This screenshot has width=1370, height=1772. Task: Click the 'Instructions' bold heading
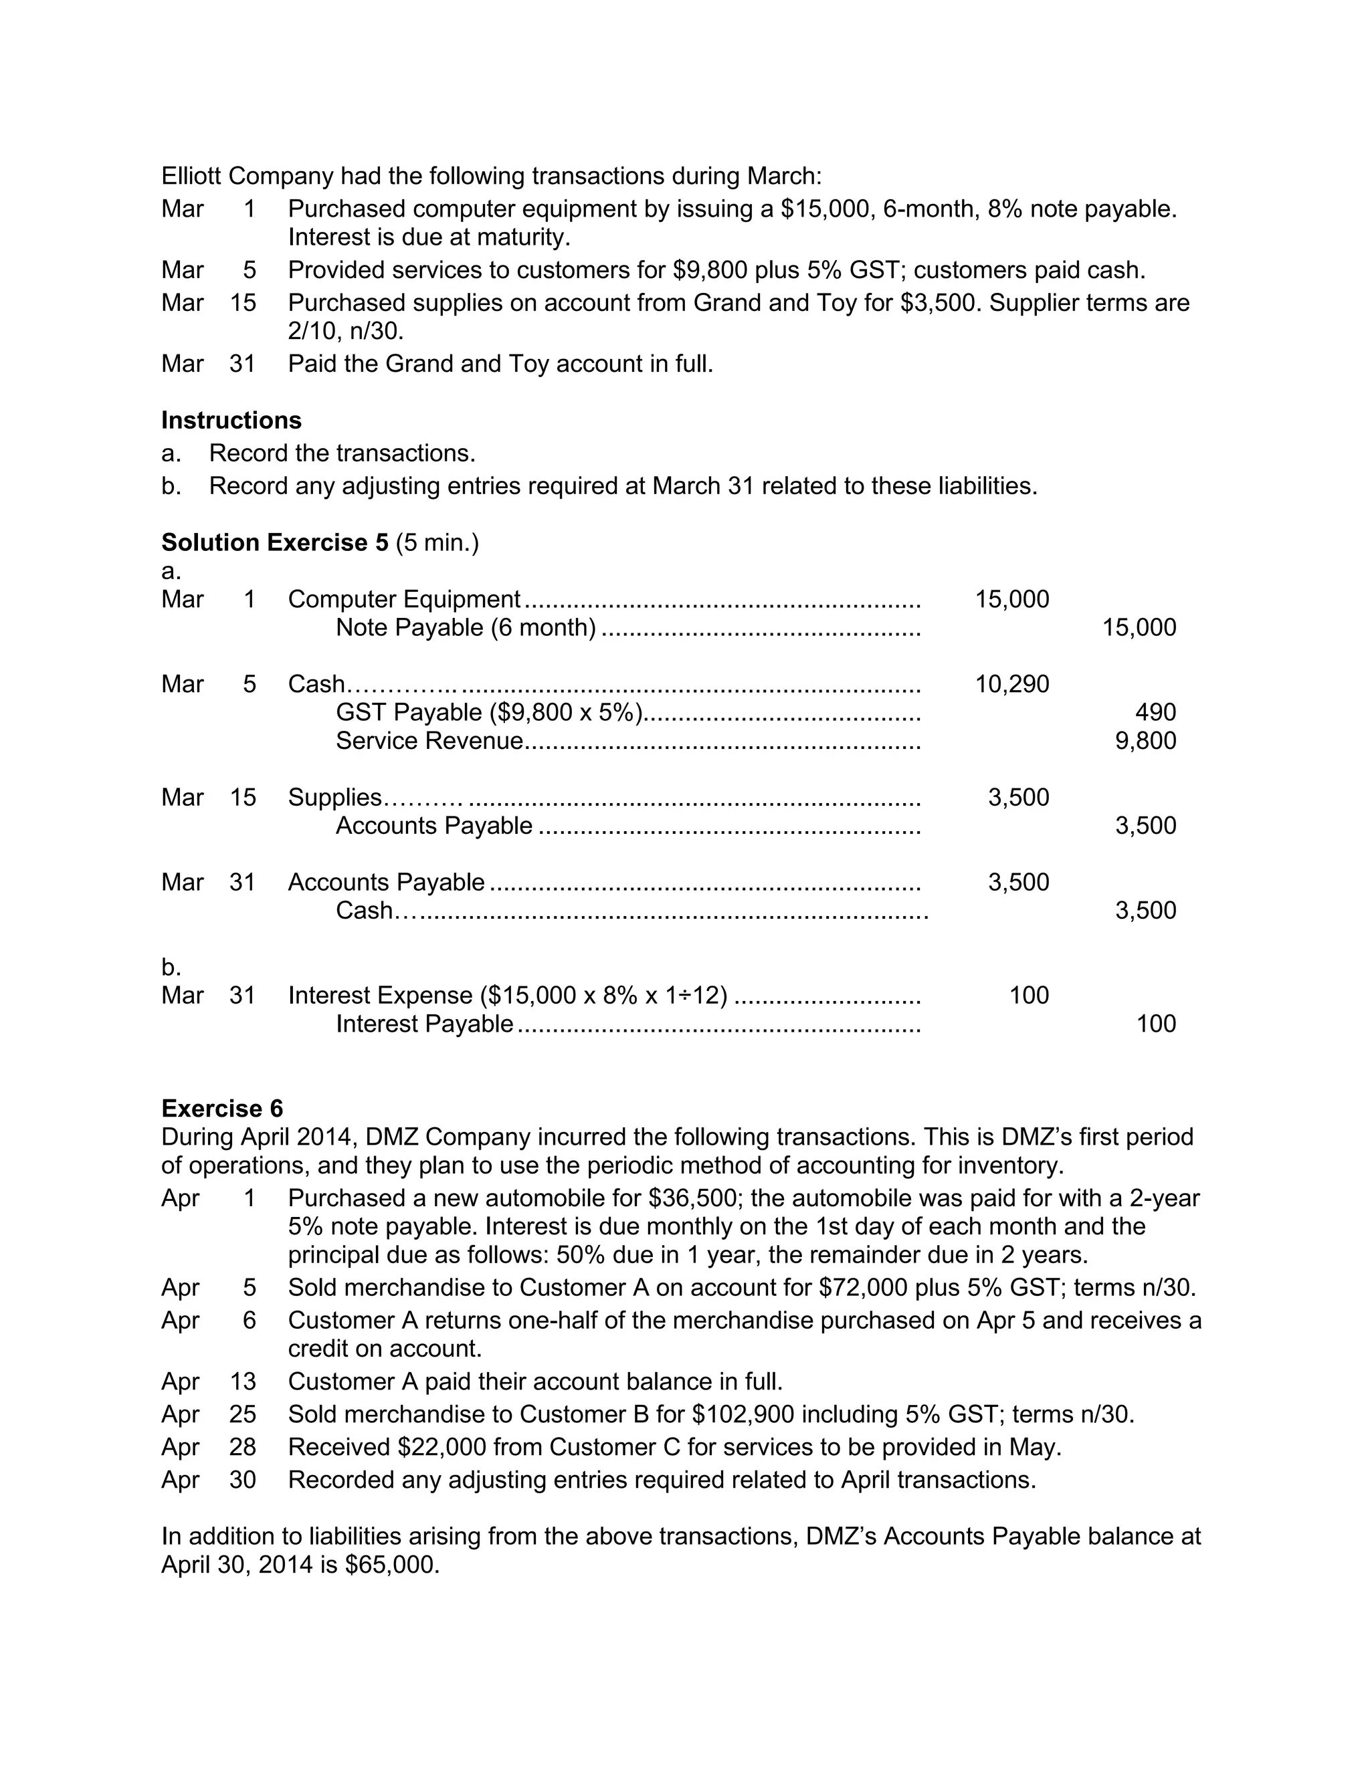[x=231, y=421]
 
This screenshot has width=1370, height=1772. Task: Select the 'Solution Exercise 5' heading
[x=274, y=542]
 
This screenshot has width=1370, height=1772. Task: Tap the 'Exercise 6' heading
[x=222, y=1108]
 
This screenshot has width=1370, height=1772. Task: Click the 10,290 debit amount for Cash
[x=1011, y=684]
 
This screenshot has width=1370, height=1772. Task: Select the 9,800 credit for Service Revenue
[x=1145, y=741]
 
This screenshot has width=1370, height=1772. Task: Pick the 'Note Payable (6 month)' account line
[x=466, y=627]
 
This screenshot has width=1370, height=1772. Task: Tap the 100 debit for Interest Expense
[x=1028, y=996]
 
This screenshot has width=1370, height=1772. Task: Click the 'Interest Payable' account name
[x=425, y=1024]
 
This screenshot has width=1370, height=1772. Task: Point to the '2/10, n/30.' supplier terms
[x=346, y=331]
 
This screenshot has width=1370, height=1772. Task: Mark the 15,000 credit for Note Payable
[x=1139, y=627]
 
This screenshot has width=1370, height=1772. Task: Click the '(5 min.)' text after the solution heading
[x=437, y=542]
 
